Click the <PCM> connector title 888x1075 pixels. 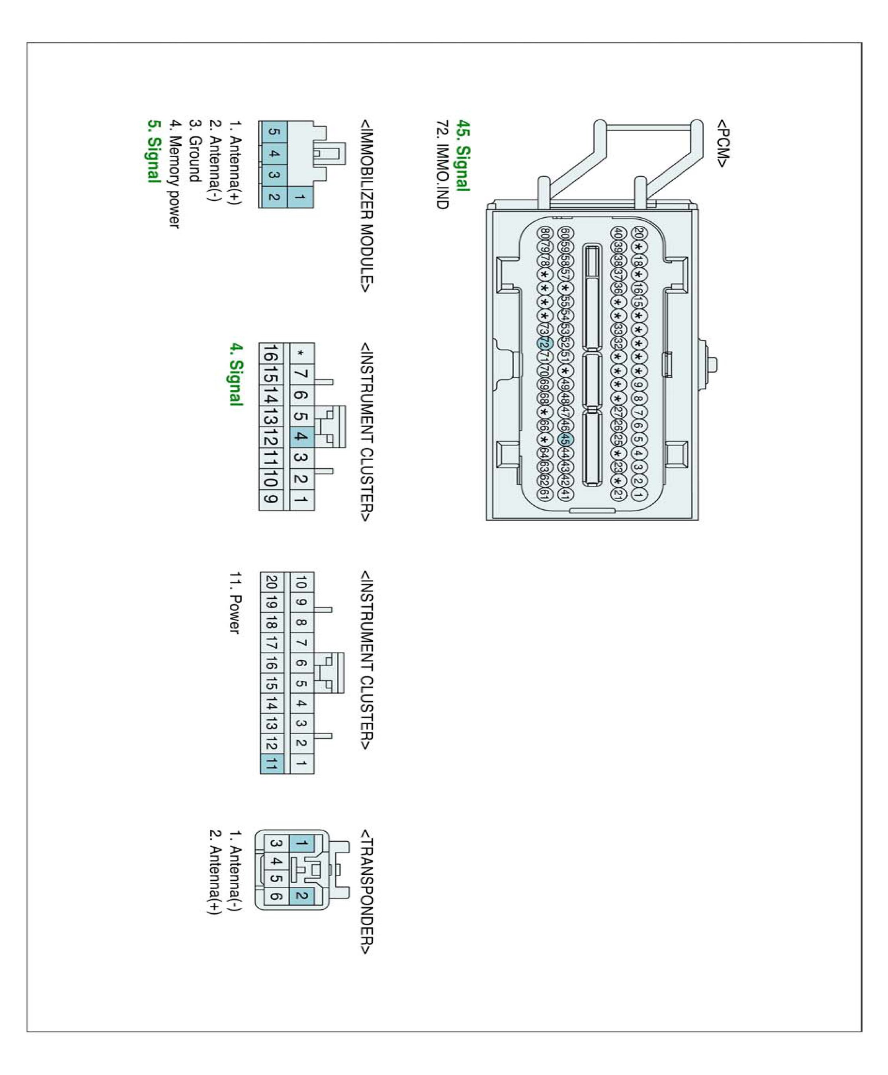point(722,144)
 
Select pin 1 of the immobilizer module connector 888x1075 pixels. point(300,196)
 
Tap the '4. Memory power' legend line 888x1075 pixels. point(175,174)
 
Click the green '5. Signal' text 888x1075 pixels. point(153,151)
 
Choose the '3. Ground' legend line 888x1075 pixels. point(194,151)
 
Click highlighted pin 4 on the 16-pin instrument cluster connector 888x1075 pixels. point(301,436)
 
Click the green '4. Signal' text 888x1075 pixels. point(235,374)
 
